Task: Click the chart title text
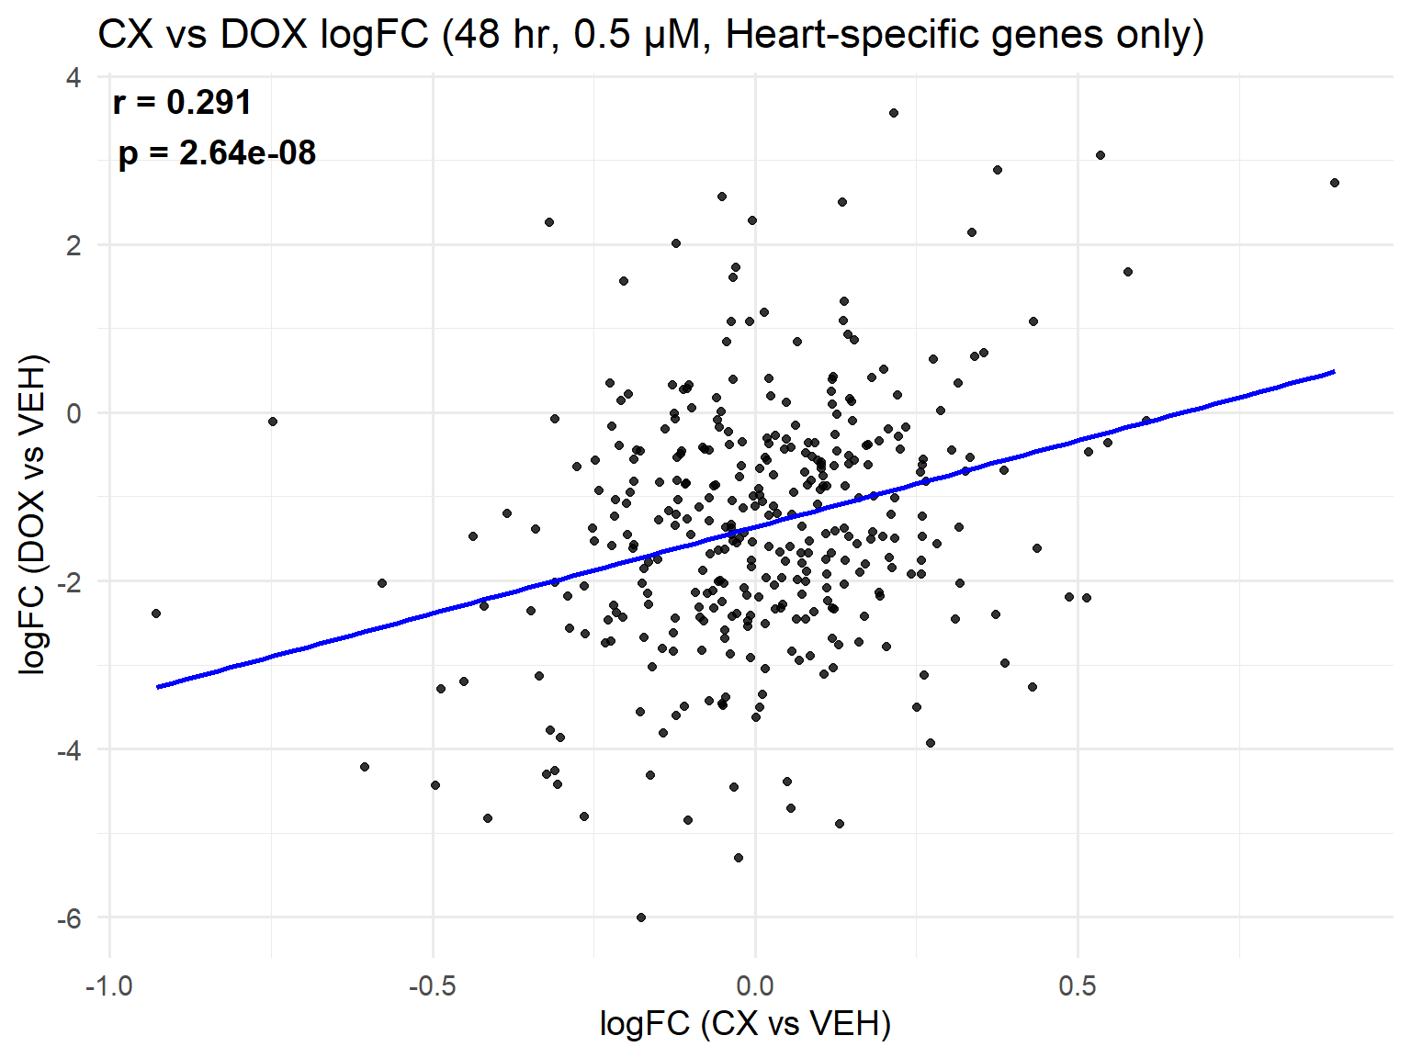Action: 650,35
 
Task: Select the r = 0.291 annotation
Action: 182,102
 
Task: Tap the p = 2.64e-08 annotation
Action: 217,152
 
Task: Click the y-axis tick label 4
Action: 73,77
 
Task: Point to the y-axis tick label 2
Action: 73,245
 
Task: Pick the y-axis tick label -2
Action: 69,581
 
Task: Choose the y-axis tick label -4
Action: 69,749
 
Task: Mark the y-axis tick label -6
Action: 69,917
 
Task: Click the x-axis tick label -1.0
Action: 109,986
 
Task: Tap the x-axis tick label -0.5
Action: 432,986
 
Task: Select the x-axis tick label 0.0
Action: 755,986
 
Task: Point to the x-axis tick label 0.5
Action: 1078,986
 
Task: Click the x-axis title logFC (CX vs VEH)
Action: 745,1023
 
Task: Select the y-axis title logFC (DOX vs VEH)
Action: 33,514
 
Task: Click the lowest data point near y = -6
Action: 641,917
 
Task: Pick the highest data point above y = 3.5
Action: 893,113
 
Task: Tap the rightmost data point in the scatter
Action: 1335,183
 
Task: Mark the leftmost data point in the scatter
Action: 156,613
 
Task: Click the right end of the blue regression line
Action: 1334,372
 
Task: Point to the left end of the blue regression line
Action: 157,687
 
